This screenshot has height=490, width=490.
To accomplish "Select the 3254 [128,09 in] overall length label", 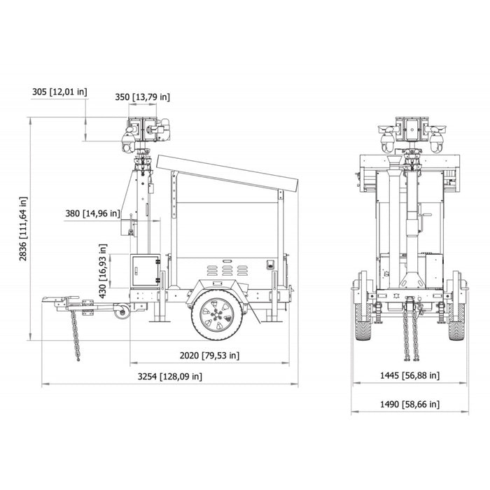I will [x=169, y=376].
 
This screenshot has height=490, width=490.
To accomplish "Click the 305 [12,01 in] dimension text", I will [x=59, y=91].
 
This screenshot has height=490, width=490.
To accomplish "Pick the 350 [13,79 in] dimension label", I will [x=143, y=97].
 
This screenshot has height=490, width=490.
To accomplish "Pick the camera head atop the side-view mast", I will [x=142, y=134].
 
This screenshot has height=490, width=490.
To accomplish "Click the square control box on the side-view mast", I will [x=145, y=269].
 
